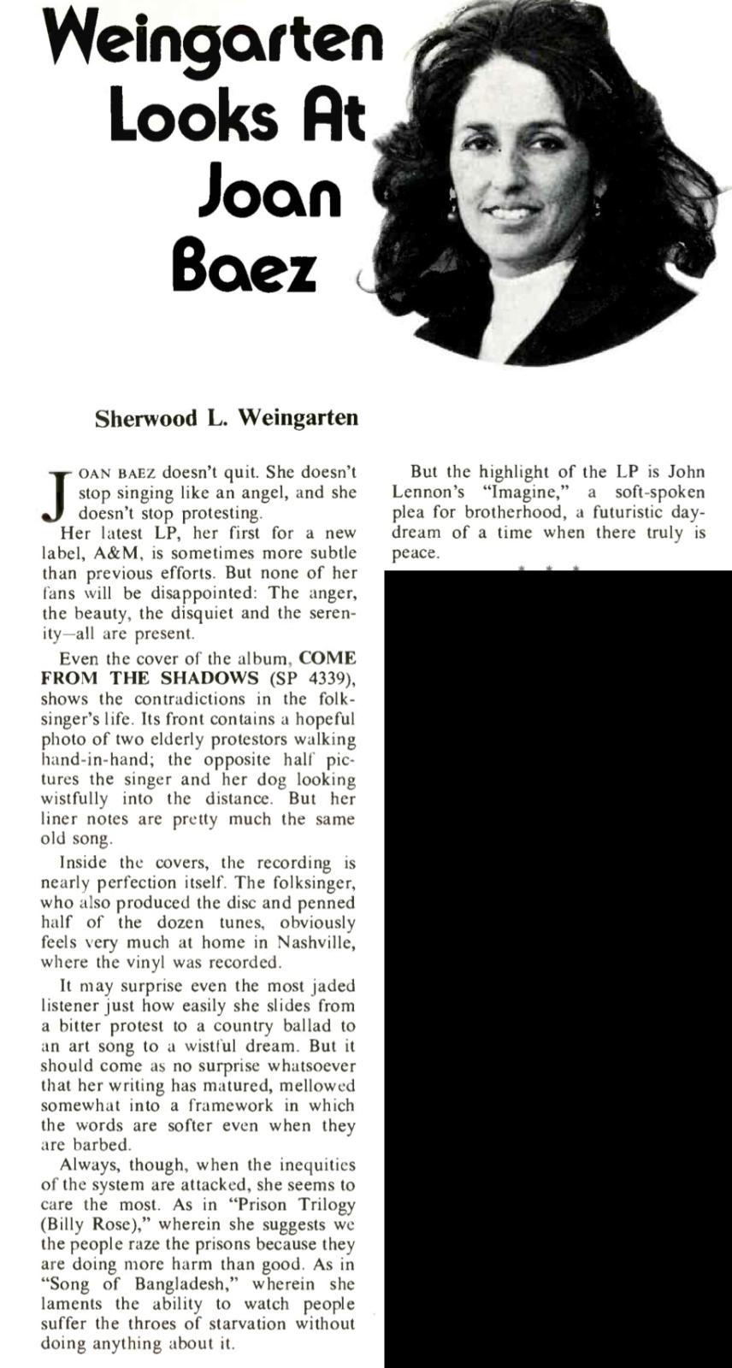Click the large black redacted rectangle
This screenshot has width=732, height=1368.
click(x=558, y=966)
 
